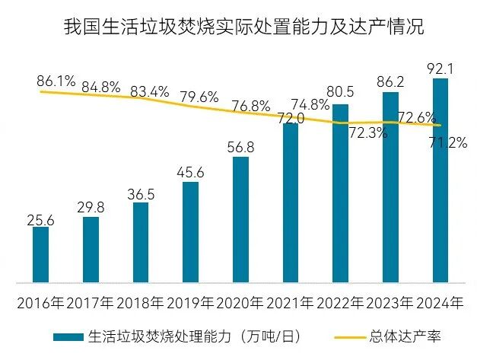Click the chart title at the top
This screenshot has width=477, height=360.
243,28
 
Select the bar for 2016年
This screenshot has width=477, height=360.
41,254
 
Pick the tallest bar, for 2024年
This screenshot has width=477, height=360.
440,180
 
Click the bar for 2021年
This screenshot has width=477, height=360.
291,202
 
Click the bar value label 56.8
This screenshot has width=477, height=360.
240,147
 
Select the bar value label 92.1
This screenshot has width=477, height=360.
440,69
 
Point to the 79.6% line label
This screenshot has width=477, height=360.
199,97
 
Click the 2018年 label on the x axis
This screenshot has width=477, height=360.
140,303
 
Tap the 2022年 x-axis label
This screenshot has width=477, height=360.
339,303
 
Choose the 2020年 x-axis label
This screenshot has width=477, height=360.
240,303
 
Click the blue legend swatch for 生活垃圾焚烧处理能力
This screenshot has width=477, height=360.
68,335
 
